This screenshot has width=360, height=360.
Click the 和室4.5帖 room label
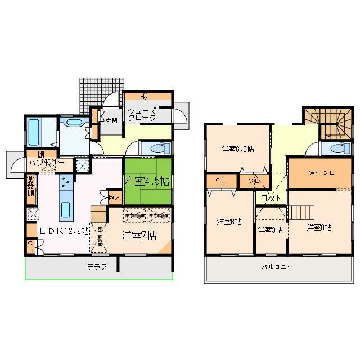(x=147, y=181)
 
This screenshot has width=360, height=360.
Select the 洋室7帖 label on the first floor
(x=138, y=236)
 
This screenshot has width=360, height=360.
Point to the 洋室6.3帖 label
(x=237, y=149)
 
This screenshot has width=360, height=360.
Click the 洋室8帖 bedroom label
(x=319, y=227)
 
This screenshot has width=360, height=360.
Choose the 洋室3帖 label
(x=271, y=230)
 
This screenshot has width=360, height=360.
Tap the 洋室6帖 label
(x=229, y=222)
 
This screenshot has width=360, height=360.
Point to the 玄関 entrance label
(x=111, y=120)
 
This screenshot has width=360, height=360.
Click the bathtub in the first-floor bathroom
(x=34, y=132)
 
